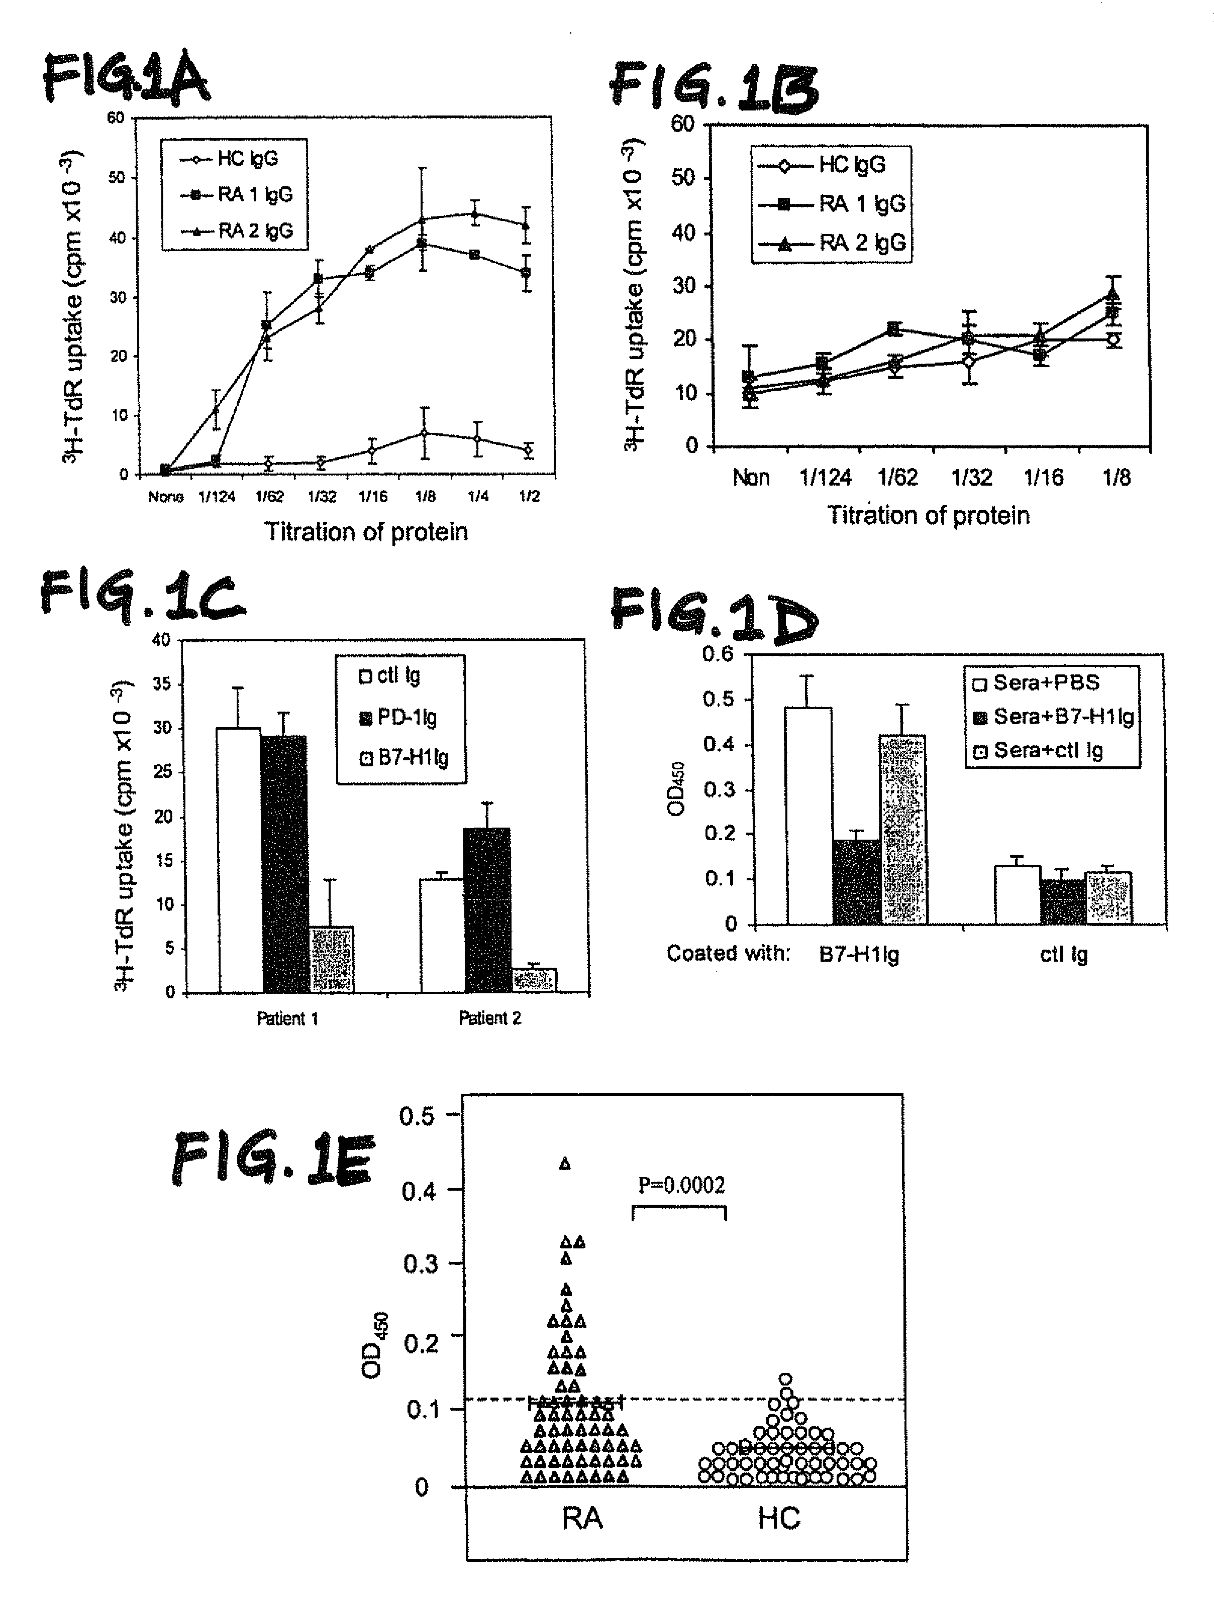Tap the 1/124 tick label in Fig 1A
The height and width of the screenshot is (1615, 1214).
[x=217, y=497]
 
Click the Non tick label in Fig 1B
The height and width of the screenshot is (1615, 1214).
[x=751, y=478]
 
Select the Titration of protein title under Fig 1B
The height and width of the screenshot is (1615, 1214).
[x=928, y=515]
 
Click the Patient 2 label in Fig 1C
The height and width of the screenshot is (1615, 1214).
[x=489, y=1018]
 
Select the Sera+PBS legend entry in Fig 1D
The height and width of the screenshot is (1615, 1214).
[x=1046, y=682]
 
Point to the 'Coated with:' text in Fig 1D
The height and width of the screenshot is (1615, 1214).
[x=728, y=954]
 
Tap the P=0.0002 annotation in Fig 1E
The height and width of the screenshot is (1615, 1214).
[x=681, y=1185]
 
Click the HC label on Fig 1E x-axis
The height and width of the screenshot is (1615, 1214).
[x=779, y=1519]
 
